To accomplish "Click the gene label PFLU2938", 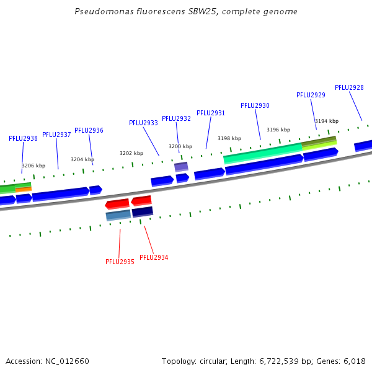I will tap(23, 138).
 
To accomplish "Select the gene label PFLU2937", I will tap(56, 135).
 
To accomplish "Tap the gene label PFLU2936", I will tap(89, 130).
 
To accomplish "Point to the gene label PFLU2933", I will tap(143, 123).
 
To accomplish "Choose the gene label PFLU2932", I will tap(176, 118).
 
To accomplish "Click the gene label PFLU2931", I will tap(211, 113).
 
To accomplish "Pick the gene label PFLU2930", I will tap(255, 105).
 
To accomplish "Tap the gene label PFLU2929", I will tap(311, 95).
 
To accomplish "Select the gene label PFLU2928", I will tap(349, 87).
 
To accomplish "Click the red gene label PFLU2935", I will tap(120, 262).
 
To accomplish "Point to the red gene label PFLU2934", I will tap(154, 257).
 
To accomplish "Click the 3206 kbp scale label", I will tap(33, 166).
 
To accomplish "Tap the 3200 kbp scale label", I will tap(180, 146).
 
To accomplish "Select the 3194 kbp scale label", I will tap(327, 121).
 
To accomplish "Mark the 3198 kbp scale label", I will tap(229, 138).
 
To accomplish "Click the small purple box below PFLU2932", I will tap(181, 167).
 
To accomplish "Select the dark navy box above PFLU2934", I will tap(142, 212).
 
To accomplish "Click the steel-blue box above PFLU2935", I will tap(118, 215).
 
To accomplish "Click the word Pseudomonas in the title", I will tap(99, 12).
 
